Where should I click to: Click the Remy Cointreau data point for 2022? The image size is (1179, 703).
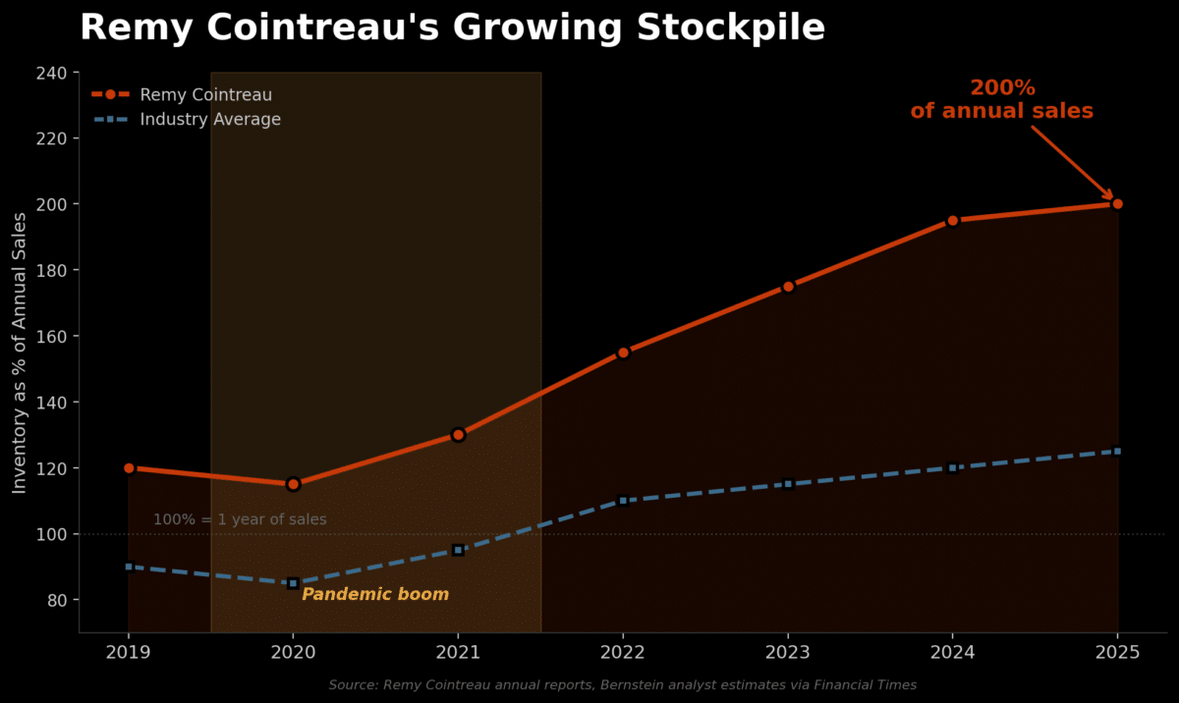click(x=623, y=352)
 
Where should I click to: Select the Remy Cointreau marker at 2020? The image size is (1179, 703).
click(x=293, y=484)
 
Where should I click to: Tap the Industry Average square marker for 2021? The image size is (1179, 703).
click(x=458, y=550)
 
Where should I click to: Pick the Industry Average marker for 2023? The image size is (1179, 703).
click(x=788, y=484)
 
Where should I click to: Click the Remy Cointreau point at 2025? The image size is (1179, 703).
click(x=1117, y=204)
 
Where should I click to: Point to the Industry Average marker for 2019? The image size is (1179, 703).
click(x=129, y=567)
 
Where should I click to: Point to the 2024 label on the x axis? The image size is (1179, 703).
click(x=952, y=651)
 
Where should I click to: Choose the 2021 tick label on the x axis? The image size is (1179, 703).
click(x=458, y=651)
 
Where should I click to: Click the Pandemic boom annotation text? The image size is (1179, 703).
click(x=375, y=595)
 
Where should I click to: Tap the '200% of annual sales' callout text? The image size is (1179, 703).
click(x=1001, y=100)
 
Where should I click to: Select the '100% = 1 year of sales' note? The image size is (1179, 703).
click(x=240, y=519)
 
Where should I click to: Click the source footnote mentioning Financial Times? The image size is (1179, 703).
click(x=622, y=684)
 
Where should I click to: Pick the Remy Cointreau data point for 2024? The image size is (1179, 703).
click(x=952, y=221)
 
